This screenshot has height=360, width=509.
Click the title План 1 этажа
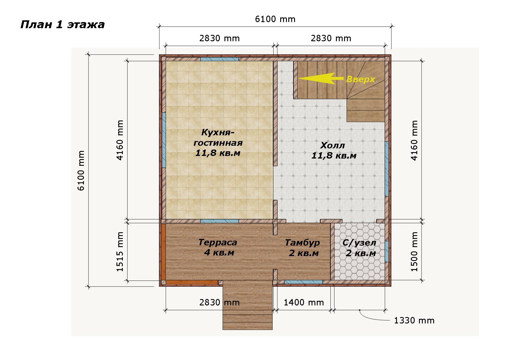tap(62, 25)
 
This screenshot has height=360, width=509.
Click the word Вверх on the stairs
tap(361, 79)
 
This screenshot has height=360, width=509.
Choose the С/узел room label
tap(359, 248)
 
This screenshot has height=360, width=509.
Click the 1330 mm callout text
tap(414, 321)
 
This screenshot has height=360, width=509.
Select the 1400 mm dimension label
tap(304, 303)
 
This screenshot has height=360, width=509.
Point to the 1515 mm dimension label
tap(120, 251)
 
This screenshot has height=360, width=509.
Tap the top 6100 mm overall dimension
tap(275, 19)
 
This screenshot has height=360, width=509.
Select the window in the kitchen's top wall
tap(220, 59)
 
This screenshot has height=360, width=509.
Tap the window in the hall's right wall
tap(387, 169)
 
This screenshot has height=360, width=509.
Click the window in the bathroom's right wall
tap(387, 251)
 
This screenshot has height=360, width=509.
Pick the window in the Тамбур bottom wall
tap(303, 282)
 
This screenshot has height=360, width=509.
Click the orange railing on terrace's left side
tap(163, 252)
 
